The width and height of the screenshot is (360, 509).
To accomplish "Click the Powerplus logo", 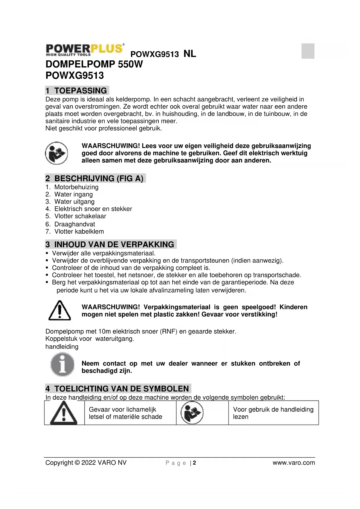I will (x=85, y=50).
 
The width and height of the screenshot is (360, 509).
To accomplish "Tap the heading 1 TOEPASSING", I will (x=77, y=91).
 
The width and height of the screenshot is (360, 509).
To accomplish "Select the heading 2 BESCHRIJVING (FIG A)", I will (x=95, y=178).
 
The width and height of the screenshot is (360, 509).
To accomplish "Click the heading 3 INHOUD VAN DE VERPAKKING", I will (x=111, y=244).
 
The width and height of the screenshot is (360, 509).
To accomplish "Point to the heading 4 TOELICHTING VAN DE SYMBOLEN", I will (x=118, y=389).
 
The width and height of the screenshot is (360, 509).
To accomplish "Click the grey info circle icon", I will (x=62, y=364).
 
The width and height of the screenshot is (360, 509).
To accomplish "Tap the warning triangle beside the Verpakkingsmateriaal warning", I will (x=59, y=311).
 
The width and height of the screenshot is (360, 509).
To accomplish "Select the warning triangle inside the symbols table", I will (x=64, y=413).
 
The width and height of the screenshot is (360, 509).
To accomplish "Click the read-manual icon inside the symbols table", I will (x=192, y=413).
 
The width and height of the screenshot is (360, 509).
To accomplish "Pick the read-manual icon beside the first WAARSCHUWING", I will (x=56, y=153).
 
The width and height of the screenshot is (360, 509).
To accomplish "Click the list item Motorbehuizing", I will (x=76, y=187).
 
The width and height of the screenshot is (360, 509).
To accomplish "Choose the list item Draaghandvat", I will (x=75, y=224).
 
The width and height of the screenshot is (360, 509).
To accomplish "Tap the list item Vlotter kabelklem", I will (x=79, y=231).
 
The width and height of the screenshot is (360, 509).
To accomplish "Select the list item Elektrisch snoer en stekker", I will (x=93, y=209).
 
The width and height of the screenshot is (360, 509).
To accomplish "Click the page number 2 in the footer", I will (x=194, y=463).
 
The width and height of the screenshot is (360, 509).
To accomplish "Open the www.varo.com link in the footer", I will (x=294, y=463).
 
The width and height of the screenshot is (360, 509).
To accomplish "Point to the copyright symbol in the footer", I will (x=77, y=463).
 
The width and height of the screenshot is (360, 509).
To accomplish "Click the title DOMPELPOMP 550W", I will (x=94, y=64).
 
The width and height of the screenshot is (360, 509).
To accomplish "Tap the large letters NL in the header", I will (x=190, y=54).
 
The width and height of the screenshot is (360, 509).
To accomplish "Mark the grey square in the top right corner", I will (x=308, y=51).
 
